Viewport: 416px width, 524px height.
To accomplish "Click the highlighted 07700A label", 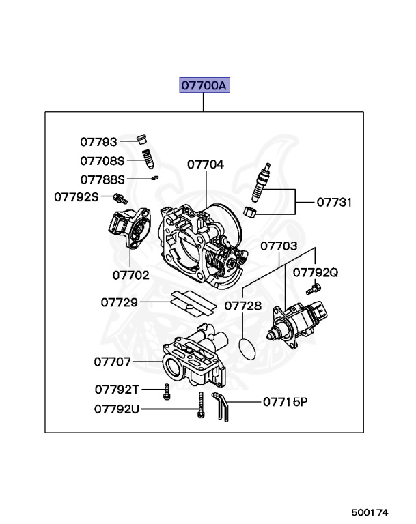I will tap(204, 86).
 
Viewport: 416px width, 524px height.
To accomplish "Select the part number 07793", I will tap(99, 142).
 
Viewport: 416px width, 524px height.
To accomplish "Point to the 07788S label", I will tap(102, 179).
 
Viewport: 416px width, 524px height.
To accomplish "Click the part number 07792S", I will tap(77, 197).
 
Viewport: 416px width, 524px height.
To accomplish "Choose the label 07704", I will tap(206, 164).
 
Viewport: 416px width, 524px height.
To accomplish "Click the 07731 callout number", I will tap(335, 203).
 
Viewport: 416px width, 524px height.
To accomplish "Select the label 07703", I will tap(279, 245).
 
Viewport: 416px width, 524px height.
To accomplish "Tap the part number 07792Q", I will tap(316, 272).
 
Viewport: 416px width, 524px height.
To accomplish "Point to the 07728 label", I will tap(242, 306).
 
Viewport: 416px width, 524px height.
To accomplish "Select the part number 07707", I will tap(113, 362).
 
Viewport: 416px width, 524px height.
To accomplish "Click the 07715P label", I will tap(286, 402).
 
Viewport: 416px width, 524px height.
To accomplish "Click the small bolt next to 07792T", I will tap(166, 391).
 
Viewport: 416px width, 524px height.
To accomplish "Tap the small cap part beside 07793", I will tap(142, 140).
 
